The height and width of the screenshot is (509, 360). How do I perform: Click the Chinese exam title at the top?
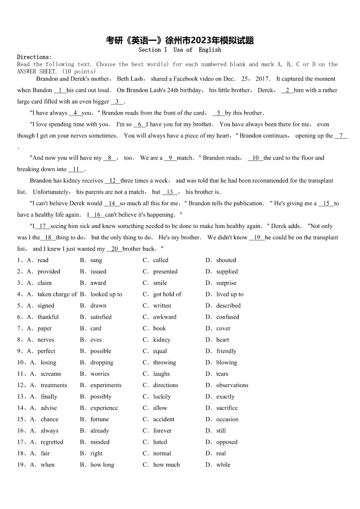180,40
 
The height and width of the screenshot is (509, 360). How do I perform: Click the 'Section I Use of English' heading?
180,50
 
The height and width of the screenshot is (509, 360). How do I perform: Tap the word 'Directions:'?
34,57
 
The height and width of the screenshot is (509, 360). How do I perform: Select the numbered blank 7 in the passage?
341,136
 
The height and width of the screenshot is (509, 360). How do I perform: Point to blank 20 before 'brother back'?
114,249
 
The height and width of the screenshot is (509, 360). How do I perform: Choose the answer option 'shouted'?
226,260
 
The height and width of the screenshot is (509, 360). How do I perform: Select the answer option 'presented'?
165,271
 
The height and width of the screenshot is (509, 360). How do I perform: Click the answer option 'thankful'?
48,317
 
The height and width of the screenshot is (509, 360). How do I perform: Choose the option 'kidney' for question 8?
162,339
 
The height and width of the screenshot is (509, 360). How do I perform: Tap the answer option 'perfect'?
46,351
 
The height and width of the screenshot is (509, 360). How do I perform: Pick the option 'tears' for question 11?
222,374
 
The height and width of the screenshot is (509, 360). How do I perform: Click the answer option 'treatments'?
54,385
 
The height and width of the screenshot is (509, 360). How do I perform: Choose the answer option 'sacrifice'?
227,408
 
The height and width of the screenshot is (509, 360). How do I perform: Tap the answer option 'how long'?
102,465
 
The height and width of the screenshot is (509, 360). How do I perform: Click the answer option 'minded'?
100,442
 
